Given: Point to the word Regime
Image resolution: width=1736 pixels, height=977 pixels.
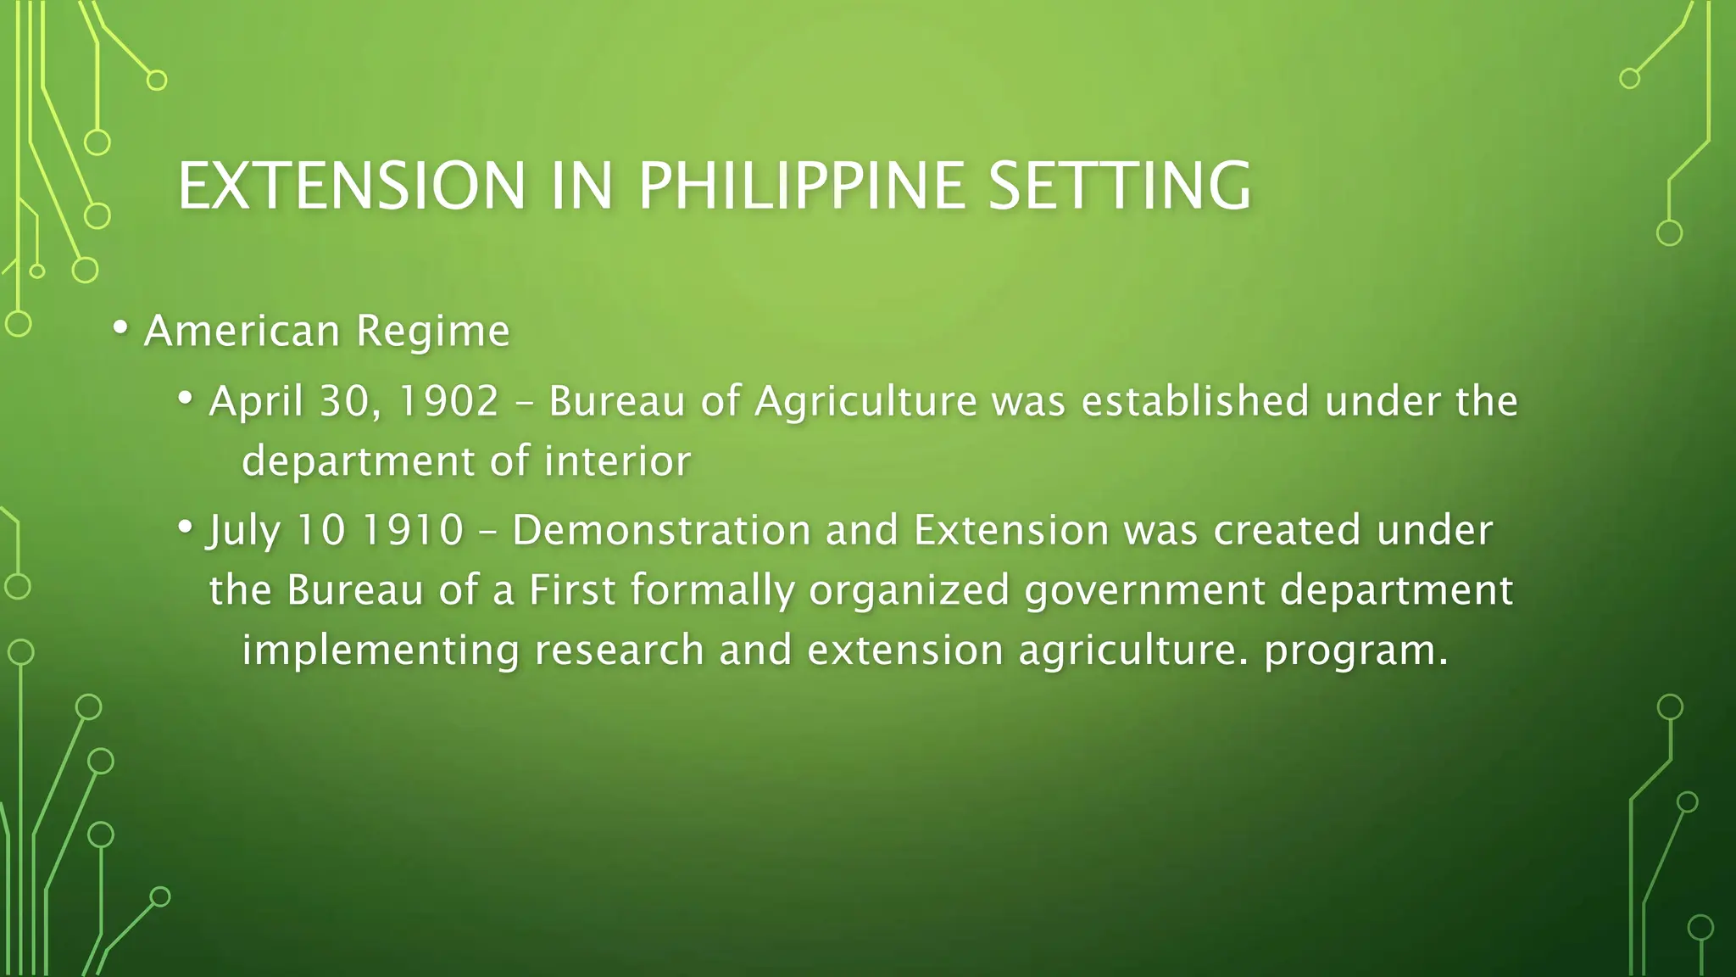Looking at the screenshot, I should coord(433,331).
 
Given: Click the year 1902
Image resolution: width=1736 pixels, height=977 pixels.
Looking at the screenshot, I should coord(448,401).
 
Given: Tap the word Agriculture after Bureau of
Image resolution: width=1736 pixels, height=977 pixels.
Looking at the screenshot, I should coord(865,401).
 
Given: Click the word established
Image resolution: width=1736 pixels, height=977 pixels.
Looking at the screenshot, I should coord(1195,401).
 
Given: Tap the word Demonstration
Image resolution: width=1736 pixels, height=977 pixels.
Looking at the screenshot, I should coord(662,530).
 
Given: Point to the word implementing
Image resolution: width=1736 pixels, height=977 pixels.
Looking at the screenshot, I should coord(381,651).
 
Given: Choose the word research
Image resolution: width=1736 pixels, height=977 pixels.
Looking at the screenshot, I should coord(620,651).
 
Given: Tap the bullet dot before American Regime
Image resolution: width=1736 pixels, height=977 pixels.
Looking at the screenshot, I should coord(120,327).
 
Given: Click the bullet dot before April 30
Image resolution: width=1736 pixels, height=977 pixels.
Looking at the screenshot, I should coord(186,397).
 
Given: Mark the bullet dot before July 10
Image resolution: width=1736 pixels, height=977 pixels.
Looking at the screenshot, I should coord(186,526).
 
